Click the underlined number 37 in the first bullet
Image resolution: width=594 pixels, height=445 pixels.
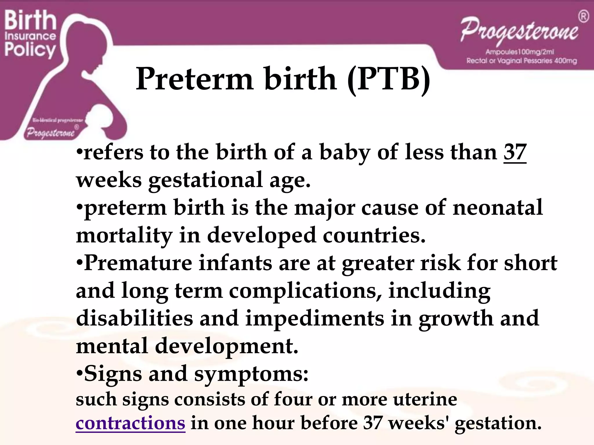pyautogui.click(x=515, y=152)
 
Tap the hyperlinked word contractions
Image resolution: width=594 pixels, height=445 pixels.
pyautogui.click(x=130, y=423)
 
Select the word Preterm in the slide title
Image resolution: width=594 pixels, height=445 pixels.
pyautogui.click(x=195, y=79)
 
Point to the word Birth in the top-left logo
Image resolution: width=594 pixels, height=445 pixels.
pyautogui.click(x=30, y=20)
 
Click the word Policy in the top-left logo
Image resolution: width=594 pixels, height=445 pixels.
pyautogui.click(x=30, y=50)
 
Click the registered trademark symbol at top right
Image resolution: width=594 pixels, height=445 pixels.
pyautogui.click(x=584, y=17)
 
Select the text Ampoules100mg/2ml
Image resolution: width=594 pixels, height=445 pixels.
pyautogui.click(x=520, y=52)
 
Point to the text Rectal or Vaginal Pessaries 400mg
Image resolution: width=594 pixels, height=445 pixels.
pyautogui.click(x=521, y=61)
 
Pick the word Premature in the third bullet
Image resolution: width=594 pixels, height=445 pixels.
pyautogui.click(x=138, y=263)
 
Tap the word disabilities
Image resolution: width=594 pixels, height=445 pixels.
pyautogui.click(x=135, y=319)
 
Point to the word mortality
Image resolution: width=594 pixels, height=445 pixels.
pyautogui.click(x=124, y=235)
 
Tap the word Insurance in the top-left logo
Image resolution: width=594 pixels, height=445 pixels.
pyautogui.click(x=30, y=36)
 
